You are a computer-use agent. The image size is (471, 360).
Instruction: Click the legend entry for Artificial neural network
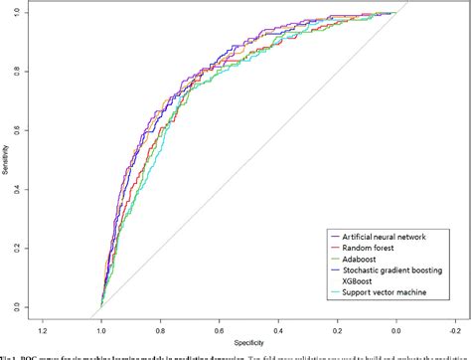pyautogui.click(x=382, y=236)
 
